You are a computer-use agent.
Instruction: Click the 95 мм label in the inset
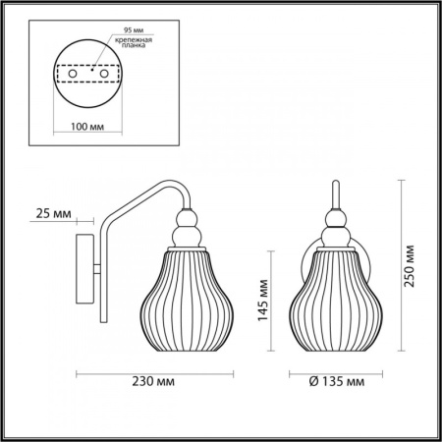(134, 30)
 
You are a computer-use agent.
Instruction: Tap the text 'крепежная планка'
(134, 42)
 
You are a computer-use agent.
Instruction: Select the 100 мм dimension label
(87, 127)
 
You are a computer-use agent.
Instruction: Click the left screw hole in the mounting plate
(73, 74)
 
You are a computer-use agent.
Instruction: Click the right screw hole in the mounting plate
(104, 74)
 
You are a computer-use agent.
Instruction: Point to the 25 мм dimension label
(53, 214)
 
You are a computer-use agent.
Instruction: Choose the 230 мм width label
(153, 381)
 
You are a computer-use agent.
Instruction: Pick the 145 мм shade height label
(263, 301)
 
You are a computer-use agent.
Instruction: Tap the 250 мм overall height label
(409, 266)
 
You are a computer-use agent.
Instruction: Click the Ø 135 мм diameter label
(337, 381)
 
